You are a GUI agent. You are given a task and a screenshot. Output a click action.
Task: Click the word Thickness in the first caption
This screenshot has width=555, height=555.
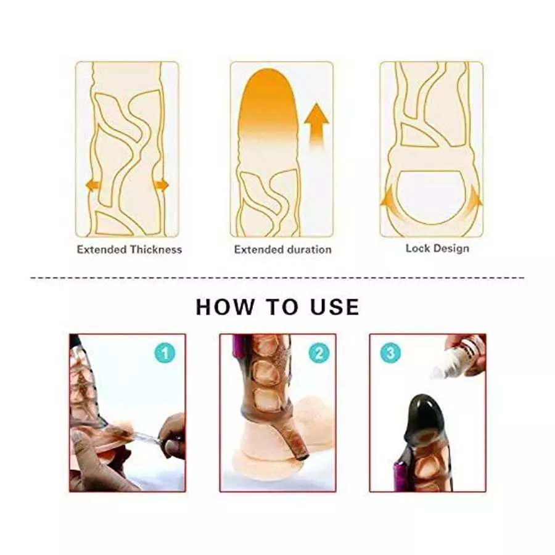click(x=156, y=250)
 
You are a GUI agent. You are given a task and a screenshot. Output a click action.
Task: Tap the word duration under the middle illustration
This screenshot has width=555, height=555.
click(x=310, y=250)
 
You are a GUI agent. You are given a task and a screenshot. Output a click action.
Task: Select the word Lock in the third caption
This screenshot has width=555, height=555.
click(x=417, y=249)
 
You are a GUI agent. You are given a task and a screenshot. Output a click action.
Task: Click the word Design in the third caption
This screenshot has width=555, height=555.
click(x=450, y=249)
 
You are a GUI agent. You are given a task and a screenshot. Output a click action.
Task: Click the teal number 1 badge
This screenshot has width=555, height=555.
click(x=164, y=353)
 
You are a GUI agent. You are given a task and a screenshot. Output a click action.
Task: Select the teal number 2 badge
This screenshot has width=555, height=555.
click(x=318, y=353)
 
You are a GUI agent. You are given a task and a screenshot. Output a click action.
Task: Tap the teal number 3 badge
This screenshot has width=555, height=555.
click(x=390, y=353)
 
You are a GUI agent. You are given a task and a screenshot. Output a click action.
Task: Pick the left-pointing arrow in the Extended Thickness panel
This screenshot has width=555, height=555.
click(x=93, y=184)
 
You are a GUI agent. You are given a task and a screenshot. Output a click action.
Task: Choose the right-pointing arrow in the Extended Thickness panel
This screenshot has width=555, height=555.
click(x=162, y=184)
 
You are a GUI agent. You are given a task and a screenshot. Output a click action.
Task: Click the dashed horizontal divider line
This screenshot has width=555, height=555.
click(x=277, y=277)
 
